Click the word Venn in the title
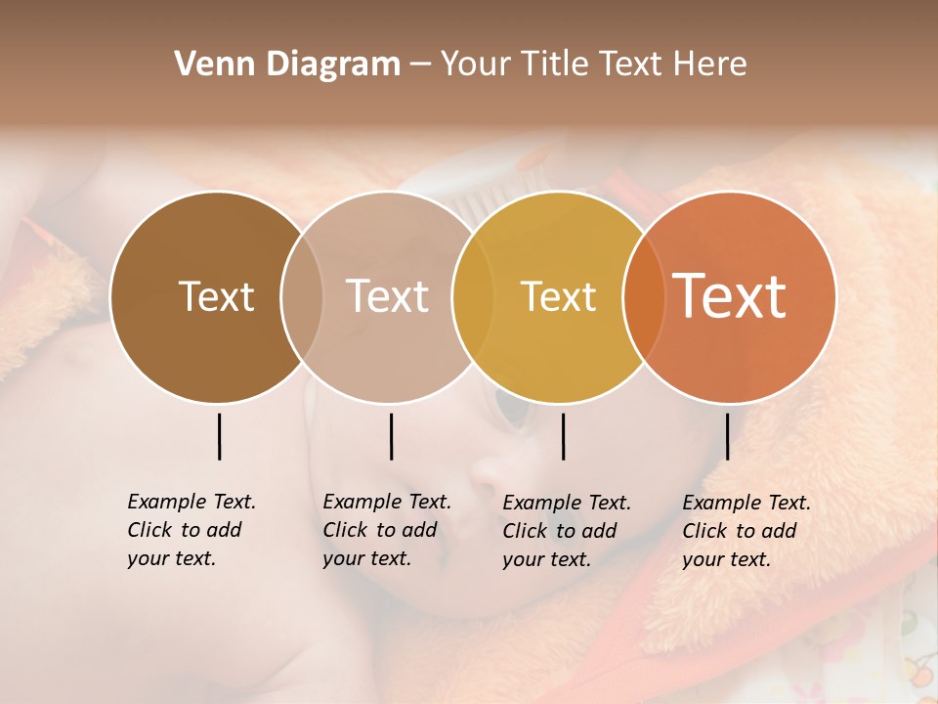(202, 65)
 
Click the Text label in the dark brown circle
(216, 296)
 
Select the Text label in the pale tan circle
(387, 296)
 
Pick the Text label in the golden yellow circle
(558, 296)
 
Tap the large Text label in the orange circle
(730, 296)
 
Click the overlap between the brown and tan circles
(302, 296)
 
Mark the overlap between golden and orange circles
(641, 296)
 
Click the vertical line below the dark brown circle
(219, 436)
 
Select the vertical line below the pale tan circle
(391, 436)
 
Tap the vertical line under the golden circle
(563, 436)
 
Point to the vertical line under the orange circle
(727, 436)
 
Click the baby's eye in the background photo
(510, 409)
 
